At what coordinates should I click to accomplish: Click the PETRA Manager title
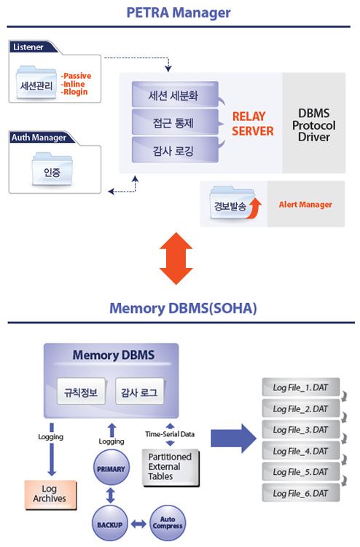(179, 12)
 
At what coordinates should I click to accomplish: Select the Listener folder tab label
(28, 47)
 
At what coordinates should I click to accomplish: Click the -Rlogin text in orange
(76, 92)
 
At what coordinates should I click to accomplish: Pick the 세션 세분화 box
(175, 95)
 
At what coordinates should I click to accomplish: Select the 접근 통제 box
(175, 122)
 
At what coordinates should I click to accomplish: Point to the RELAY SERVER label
(252, 124)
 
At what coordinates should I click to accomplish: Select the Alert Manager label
(305, 205)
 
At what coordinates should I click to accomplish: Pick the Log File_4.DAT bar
(300, 451)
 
